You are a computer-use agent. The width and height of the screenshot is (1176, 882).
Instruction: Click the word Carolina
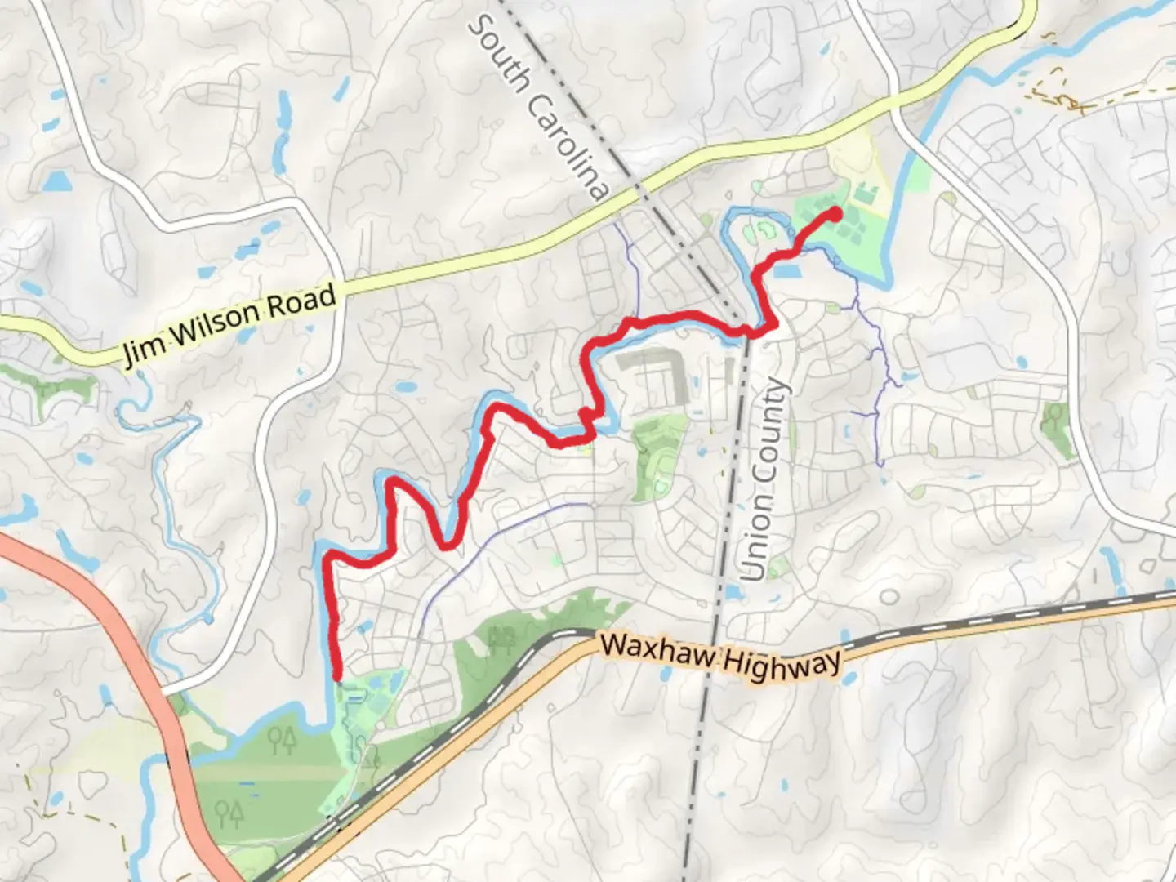[568, 147]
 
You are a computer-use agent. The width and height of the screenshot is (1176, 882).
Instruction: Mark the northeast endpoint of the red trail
[835, 214]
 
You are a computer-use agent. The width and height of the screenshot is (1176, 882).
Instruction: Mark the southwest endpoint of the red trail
[336, 675]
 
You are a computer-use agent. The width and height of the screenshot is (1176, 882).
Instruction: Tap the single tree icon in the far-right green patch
[1055, 414]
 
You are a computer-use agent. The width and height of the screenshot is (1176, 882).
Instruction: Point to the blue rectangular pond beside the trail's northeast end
[787, 269]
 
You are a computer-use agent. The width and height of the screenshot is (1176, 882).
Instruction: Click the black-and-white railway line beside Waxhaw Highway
[980, 617]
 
